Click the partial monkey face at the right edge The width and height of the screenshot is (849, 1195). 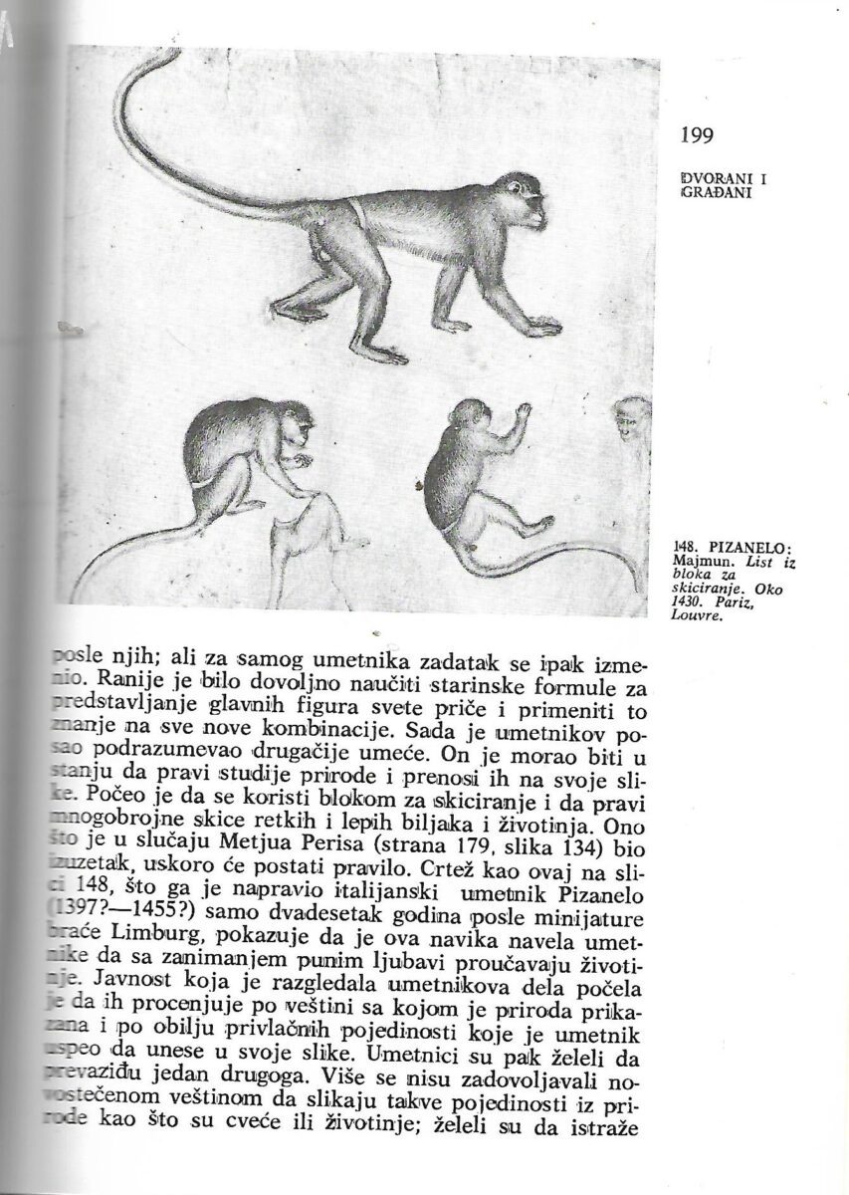point(630,418)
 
